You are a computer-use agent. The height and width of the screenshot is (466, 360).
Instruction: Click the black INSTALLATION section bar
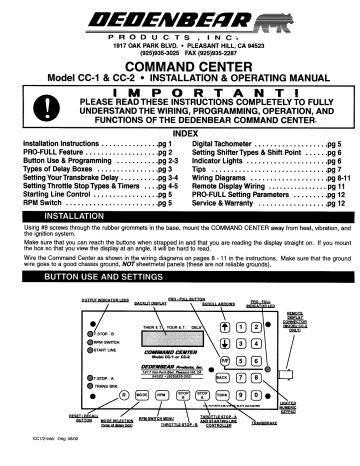click(x=180, y=216)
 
